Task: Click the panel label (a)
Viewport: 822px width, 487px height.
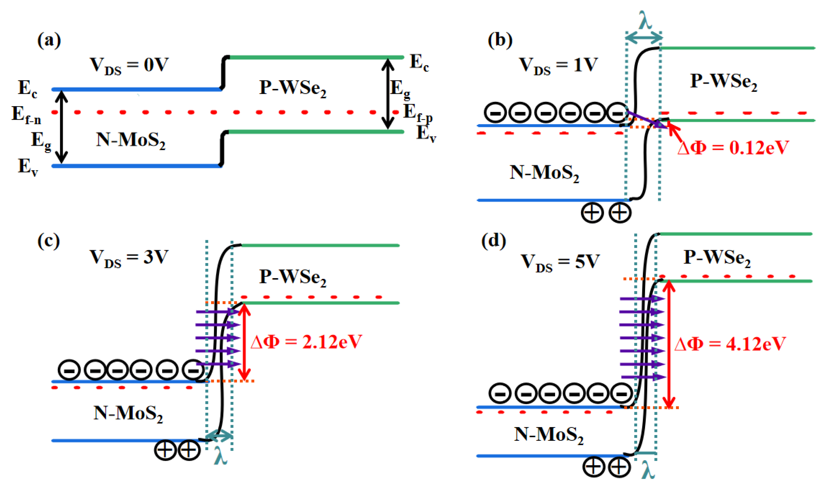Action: coord(49,40)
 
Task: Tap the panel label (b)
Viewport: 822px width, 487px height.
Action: coord(500,40)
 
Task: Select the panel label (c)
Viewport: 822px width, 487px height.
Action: coord(48,241)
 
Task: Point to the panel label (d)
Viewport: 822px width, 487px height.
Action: coord(493,241)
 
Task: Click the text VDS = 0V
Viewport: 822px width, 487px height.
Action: coord(129,66)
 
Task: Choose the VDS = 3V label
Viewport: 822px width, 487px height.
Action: coord(129,258)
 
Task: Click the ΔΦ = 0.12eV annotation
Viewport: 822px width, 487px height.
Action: coord(733,148)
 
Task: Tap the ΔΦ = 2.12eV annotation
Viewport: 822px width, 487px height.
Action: coord(306,342)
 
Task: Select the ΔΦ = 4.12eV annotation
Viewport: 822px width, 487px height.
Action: coord(730,344)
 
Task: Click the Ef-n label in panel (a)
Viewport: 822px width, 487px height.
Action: coord(26,115)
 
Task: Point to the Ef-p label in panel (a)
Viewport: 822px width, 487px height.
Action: coord(418,113)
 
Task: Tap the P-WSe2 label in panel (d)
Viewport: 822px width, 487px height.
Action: coord(717,258)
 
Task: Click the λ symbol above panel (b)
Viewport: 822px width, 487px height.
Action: coord(645,20)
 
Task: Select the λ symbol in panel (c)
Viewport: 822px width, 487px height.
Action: coord(220,455)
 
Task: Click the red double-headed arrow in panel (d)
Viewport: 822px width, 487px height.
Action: coord(669,344)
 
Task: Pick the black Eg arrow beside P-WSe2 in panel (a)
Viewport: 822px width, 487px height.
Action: coord(387,94)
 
